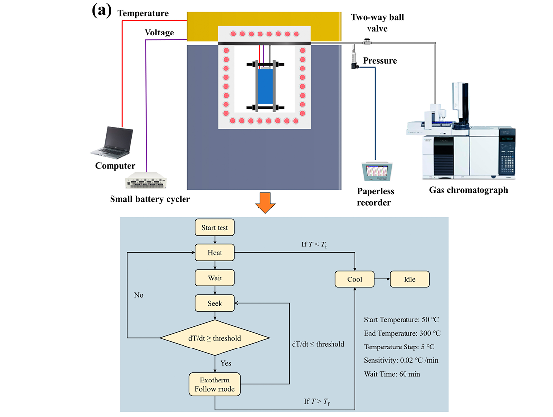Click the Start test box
point(215,228)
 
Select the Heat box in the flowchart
point(215,253)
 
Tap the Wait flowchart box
point(215,278)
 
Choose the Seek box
point(215,303)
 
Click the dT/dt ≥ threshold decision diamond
point(215,338)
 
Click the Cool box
point(354,279)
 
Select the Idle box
point(409,279)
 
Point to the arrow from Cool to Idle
point(382,279)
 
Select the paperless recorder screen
point(375,171)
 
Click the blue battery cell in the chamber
point(265,86)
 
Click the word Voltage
point(159,33)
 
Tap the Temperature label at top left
point(143,13)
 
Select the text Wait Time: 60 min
point(392,374)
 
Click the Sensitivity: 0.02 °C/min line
point(401,360)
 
